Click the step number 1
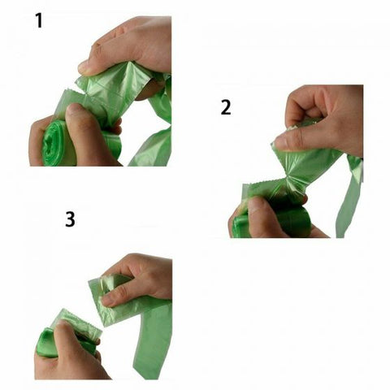[37, 19]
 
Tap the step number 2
[224, 107]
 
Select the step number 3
[70, 219]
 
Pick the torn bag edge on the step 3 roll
[78, 321]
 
